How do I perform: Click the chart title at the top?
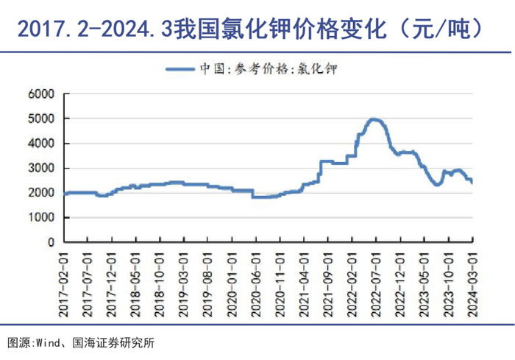click(251, 28)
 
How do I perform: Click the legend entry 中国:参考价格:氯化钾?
click(269, 69)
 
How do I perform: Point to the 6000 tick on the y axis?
click(43, 94)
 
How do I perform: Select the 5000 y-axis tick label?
click(43, 119)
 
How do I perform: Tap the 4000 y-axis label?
click(43, 144)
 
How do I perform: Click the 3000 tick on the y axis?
click(43, 169)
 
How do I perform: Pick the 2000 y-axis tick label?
click(43, 193)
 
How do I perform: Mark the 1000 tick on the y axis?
click(43, 218)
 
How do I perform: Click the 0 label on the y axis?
click(52, 242)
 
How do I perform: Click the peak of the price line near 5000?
click(374, 119)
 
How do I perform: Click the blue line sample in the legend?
click(182, 69)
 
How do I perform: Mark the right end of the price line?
click(472, 182)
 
